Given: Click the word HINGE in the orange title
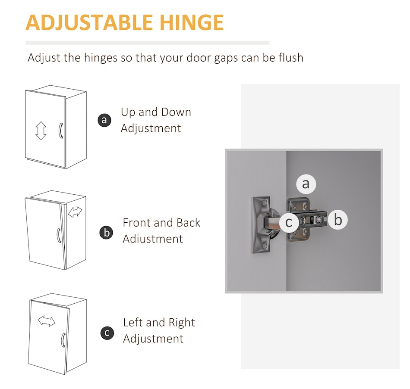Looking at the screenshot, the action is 191,22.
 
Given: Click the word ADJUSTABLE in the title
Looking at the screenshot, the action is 89,23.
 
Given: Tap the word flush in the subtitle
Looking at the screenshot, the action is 290,57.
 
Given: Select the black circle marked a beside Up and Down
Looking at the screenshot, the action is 104,120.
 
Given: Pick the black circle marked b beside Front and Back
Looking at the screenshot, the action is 107,232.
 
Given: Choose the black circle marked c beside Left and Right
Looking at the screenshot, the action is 107,333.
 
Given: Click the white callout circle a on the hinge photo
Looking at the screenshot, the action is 306,184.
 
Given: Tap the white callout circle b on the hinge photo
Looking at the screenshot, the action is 338,220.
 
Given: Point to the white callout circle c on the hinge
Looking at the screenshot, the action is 289,222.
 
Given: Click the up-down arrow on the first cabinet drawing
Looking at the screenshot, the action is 41,131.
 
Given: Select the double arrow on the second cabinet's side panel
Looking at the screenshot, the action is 75,212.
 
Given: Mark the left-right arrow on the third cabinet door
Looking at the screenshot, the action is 47,321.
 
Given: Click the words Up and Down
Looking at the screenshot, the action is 156,112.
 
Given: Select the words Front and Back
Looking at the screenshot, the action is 161,223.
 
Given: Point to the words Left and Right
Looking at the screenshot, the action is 159,323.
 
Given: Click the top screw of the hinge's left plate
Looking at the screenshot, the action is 265,202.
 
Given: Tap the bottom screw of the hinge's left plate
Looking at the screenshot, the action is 265,246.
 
